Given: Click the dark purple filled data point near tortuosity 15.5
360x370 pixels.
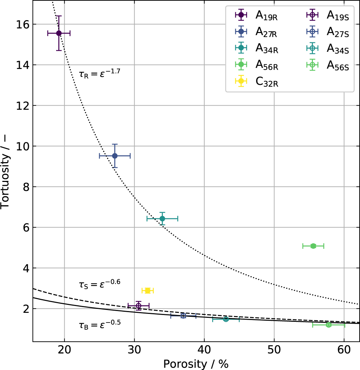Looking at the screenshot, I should (59, 33).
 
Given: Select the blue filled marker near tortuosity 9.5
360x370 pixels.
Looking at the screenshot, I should (115, 156).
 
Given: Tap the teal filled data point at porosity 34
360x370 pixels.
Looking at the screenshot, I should (162, 219).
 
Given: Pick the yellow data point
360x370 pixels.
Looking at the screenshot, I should (147, 291).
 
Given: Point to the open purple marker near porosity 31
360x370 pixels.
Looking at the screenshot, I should (138, 306).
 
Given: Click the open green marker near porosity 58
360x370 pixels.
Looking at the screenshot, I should (328, 325).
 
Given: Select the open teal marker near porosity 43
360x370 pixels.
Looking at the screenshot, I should (226, 319).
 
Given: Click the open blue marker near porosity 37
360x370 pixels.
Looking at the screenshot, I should (183, 316).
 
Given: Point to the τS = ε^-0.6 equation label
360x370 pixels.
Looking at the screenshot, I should (99, 284).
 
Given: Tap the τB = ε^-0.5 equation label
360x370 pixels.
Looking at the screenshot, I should (99, 325).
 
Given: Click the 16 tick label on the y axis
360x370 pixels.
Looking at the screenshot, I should (23, 24).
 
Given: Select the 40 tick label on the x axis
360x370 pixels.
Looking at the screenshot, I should (204, 349).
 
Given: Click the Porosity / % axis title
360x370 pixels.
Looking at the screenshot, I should (196, 364).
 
